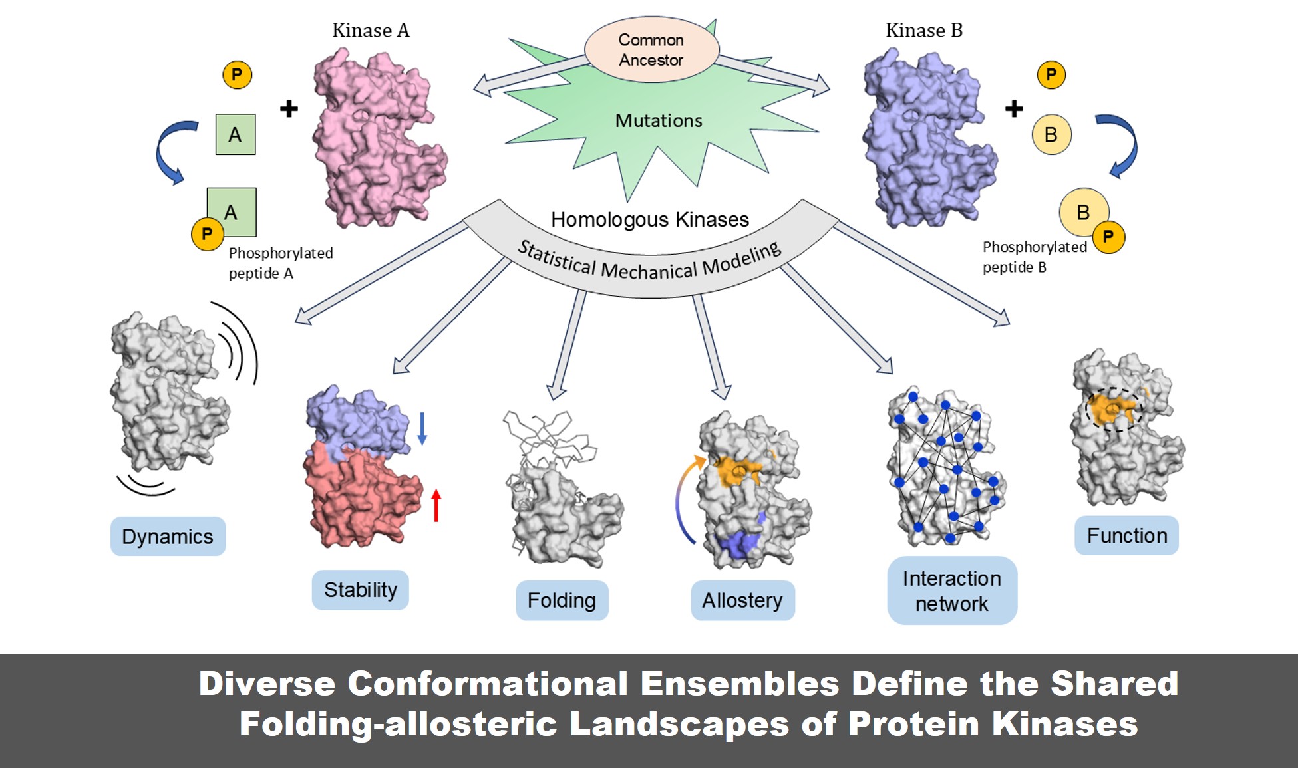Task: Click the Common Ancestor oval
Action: pos(651,50)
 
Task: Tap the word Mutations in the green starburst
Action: pos(658,121)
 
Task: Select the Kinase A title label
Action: pos(371,31)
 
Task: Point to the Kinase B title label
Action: pos(923,31)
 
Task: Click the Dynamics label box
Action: pos(168,536)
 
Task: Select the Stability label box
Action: pos(360,590)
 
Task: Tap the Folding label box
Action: pos(562,600)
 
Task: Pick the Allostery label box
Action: pos(742,600)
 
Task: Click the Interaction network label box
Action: pos(951,590)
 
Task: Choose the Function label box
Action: pos(1126,535)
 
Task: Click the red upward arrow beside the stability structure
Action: pos(436,505)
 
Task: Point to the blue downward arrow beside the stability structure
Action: pos(422,428)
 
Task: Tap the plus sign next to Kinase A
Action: pos(289,108)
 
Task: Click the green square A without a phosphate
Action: pos(236,134)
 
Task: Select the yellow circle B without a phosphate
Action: pos(1051,134)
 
